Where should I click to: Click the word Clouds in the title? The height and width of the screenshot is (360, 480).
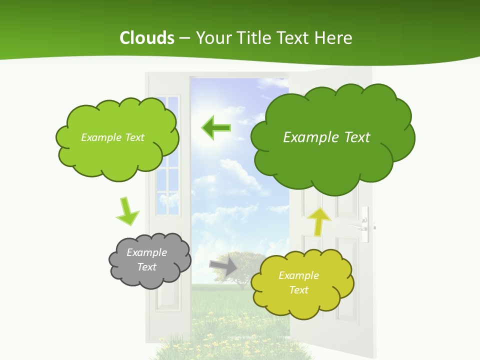tap(147, 38)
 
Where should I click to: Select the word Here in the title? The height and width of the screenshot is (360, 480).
tap(334, 38)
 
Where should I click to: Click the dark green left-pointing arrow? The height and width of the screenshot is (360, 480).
tap(215, 128)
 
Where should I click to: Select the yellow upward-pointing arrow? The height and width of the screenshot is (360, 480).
tap(318, 220)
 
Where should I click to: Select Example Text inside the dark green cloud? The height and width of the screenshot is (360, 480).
tap(326, 137)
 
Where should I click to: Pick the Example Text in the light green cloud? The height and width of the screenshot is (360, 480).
tap(112, 137)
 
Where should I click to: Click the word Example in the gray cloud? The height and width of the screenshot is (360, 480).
tap(146, 252)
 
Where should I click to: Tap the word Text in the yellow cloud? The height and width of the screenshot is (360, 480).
tap(299, 290)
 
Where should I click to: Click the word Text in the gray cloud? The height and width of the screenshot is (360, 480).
tap(147, 267)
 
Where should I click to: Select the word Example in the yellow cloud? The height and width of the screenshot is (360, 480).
tap(298, 275)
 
